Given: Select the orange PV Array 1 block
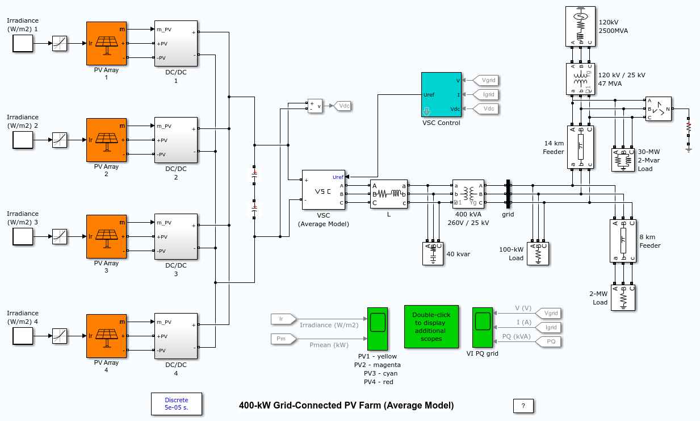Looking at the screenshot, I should [x=106, y=43].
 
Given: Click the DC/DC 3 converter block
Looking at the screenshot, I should [x=175, y=236].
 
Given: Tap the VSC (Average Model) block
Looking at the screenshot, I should [x=323, y=190].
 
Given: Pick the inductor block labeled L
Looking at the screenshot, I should [x=389, y=194].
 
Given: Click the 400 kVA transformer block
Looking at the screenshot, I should [x=468, y=194].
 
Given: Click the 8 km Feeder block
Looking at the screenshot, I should [x=623, y=240].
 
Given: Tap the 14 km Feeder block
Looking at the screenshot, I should [x=580, y=147].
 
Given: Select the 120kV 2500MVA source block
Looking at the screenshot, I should [x=580, y=26].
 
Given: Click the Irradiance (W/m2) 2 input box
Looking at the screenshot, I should [x=23, y=140].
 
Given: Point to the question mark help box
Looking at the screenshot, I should [x=523, y=406].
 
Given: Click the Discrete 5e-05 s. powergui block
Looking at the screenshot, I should [x=176, y=403].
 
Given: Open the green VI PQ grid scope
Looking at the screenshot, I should [x=483, y=328].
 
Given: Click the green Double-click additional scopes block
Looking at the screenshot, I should [x=431, y=326].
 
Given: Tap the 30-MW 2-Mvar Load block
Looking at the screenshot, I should [x=623, y=160].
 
